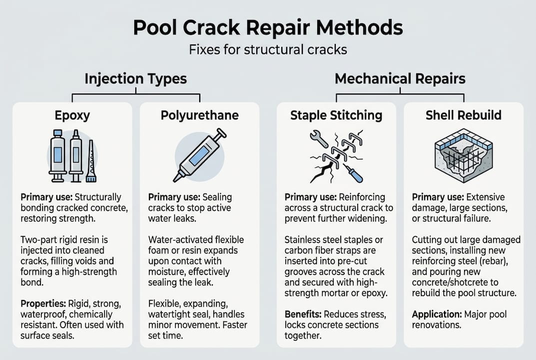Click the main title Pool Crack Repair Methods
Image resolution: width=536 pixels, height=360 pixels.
[268, 28]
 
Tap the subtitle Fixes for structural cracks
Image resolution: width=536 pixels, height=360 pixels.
[268, 50]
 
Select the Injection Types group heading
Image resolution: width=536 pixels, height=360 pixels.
[135, 79]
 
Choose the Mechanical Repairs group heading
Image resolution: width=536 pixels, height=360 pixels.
[400, 79]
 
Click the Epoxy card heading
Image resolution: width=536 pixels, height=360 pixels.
[72, 115]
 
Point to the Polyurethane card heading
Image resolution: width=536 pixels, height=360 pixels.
[199, 115]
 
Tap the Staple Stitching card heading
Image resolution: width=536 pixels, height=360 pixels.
[336, 115]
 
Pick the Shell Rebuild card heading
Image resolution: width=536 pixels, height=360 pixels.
[463, 115]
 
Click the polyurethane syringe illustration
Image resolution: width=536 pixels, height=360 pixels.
[199, 155]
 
